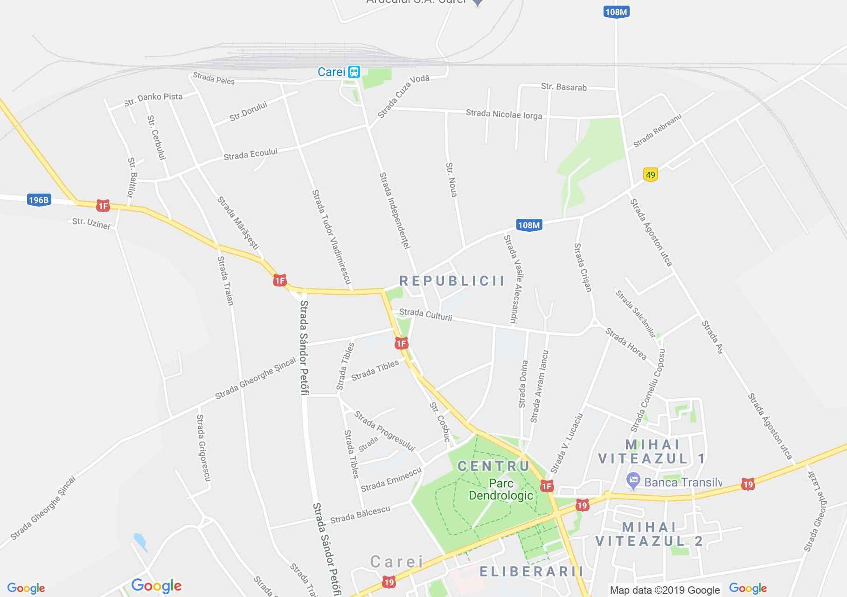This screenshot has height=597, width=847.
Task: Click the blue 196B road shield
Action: click(x=39, y=200)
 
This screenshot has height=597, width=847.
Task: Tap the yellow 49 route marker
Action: click(x=650, y=175)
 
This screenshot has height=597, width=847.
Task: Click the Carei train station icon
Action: click(x=354, y=72)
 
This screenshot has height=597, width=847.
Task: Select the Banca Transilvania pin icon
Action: click(x=633, y=480)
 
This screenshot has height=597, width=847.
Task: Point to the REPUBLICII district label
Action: click(x=452, y=281)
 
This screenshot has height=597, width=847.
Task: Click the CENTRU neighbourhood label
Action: click(x=493, y=466)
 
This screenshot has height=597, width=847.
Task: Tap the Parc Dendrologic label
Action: click(x=501, y=489)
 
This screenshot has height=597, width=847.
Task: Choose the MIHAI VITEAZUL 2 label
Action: click(x=649, y=534)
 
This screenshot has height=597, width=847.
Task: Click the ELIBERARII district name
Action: click(x=531, y=571)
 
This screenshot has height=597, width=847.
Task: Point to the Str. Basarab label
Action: click(x=564, y=87)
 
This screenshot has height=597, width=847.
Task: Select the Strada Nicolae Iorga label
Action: click(x=504, y=114)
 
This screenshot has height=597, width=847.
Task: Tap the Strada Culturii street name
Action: click(x=425, y=314)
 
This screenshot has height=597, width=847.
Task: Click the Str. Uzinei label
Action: click(x=91, y=223)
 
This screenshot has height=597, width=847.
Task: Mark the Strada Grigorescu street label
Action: click(x=203, y=448)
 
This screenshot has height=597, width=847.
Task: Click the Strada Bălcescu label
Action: click(x=360, y=514)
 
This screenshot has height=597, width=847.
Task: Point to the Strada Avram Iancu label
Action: click(x=540, y=387)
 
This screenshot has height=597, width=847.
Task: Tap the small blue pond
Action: click(x=139, y=542)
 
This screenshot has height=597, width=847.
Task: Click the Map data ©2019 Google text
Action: click(x=665, y=590)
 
